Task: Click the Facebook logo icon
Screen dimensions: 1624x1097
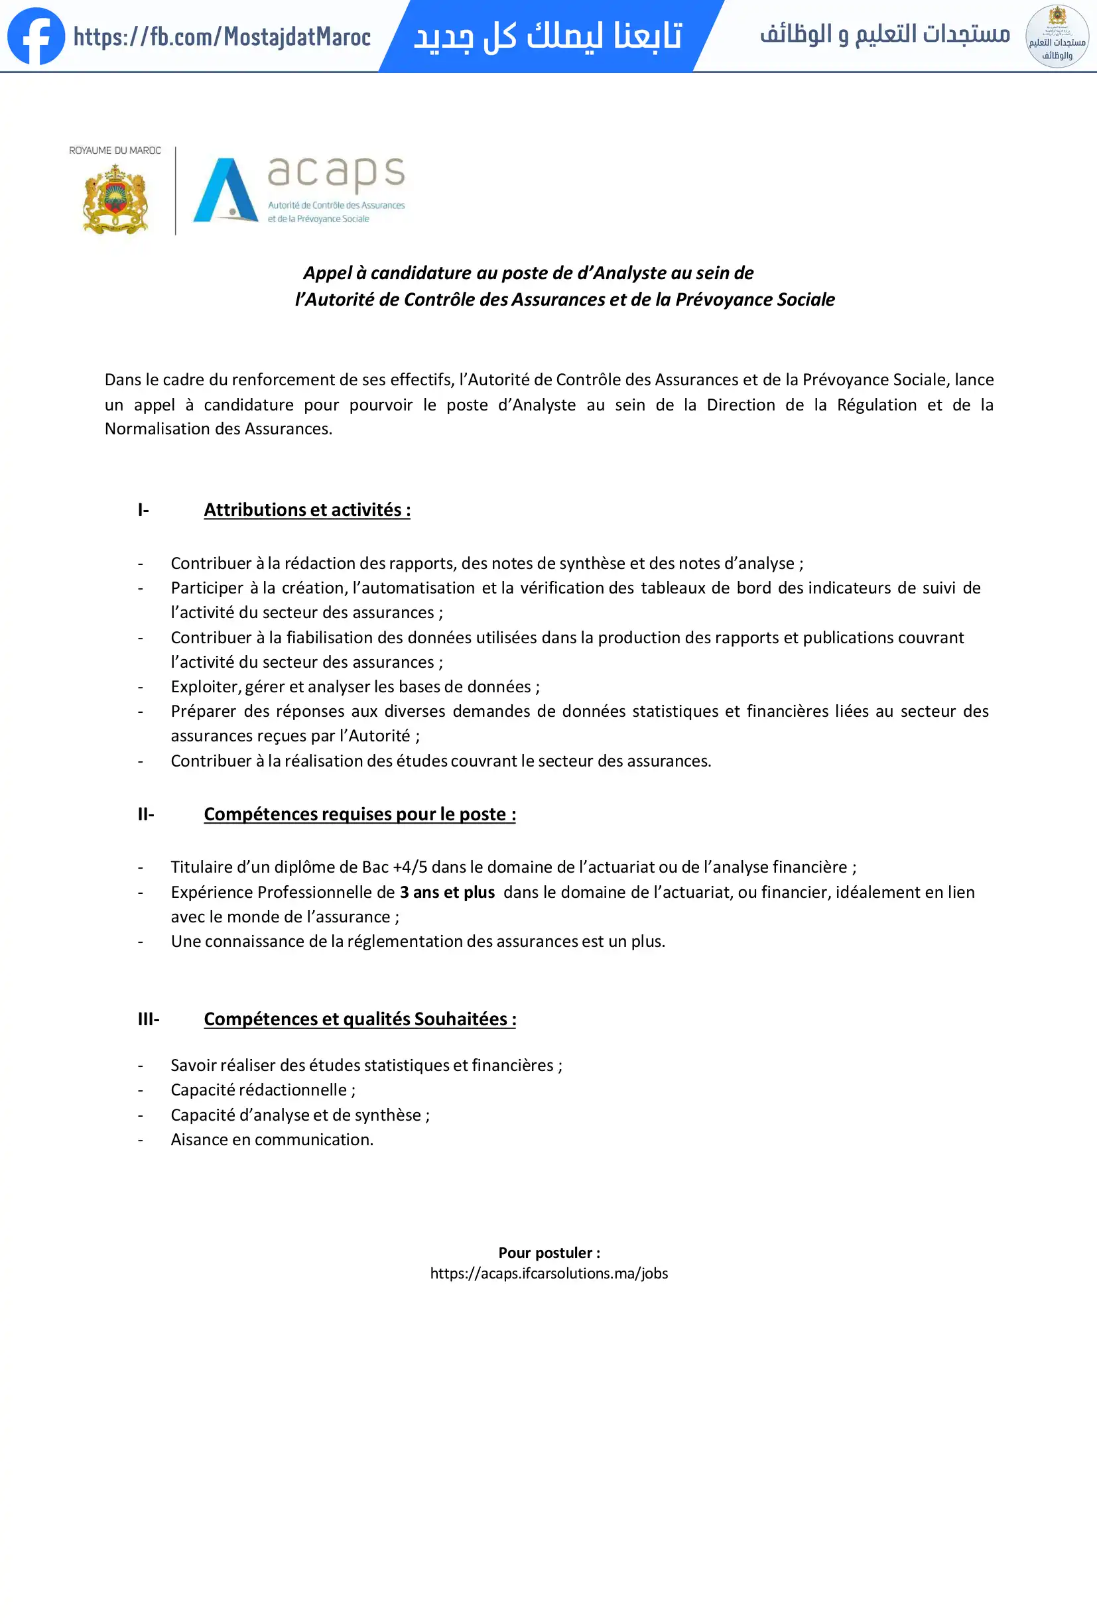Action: pyautogui.click(x=36, y=36)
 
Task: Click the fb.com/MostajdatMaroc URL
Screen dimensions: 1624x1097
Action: pyautogui.click(x=222, y=37)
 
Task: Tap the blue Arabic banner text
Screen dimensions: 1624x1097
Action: pyautogui.click(x=548, y=36)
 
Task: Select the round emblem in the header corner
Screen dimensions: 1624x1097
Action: pyautogui.click(x=1057, y=36)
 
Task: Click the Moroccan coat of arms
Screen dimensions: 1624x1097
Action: pyautogui.click(x=115, y=199)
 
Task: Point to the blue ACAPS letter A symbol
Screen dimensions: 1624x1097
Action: pyautogui.click(x=225, y=190)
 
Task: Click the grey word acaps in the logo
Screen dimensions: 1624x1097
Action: pyautogui.click(x=336, y=172)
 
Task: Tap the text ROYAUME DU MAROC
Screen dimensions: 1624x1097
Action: pyautogui.click(x=115, y=151)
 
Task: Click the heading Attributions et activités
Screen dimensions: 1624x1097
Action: pyautogui.click(x=306, y=510)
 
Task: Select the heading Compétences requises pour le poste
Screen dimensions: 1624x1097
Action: pyautogui.click(x=360, y=814)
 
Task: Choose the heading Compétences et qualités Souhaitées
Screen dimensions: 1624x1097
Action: pyautogui.click(x=360, y=1019)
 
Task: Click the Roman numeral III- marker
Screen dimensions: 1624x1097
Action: pyautogui.click(x=148, y=1019)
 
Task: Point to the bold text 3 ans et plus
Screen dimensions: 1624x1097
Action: pyautogui.click(x=447, y=893)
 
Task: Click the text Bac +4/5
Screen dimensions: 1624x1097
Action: pyautogui.click(x=394, y=867)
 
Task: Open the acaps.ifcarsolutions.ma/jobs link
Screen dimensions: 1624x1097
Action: pyautogui.click(x=548, y=1273)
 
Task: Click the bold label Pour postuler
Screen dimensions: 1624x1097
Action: pyautogui.click(x=548, y=1253)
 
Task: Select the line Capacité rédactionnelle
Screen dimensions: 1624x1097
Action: pyautogui.click(x=263, y=1090)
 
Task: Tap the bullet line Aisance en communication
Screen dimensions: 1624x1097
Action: pyautogui.click(x=272, y=1140)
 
